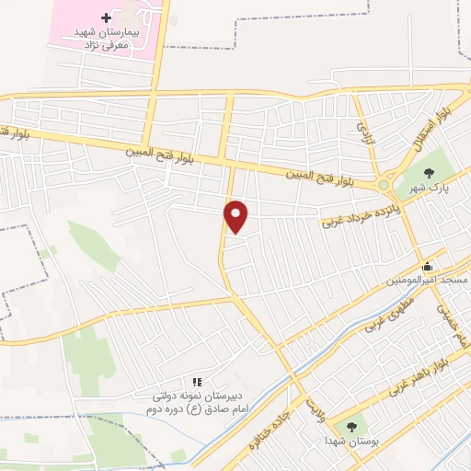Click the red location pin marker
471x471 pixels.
236,215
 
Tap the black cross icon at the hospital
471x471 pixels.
106,18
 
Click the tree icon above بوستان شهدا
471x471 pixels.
350,426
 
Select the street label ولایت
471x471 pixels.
316,405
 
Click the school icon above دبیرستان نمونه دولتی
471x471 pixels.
195,382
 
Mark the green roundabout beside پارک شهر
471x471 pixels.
384,185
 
